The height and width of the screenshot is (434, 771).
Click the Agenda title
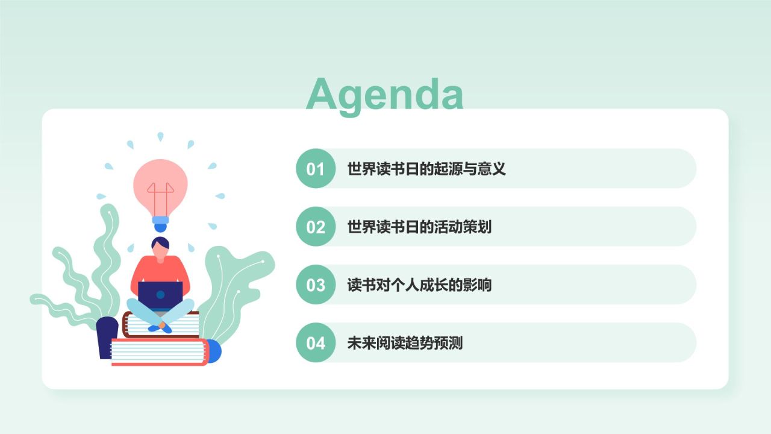point(384,94)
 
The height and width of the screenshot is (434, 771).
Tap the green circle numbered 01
point(316,169)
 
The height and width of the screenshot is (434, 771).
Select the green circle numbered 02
point(316,227)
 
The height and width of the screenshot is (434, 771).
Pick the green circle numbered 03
point(316,285)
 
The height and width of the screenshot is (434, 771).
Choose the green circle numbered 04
point(316,342)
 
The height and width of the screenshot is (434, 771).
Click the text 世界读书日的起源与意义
point(426,169)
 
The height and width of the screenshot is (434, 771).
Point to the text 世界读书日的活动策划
point(419,227)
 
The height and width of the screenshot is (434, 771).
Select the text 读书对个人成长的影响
point(419,285)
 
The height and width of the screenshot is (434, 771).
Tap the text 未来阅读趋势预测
point(405,343)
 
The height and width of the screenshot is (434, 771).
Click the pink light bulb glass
point(160,184)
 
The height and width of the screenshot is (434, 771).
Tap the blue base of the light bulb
point(160,224)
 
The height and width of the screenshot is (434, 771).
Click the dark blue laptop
point(160,294)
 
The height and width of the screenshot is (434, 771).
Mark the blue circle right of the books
point(214,351)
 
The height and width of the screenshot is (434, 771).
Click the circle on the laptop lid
point(160,295)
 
